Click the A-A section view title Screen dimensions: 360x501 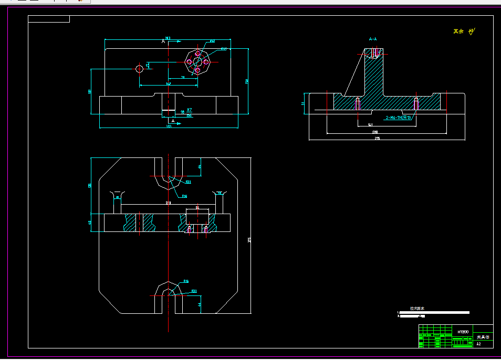click(373, 39)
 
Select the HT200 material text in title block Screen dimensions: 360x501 click(463, 332)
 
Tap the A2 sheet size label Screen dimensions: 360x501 click(478, 344)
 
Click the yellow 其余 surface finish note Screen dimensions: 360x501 click(458, 31)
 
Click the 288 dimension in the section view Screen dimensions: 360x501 click(375, 131)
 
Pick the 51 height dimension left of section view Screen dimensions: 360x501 click(304, 104)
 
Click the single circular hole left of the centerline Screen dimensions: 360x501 click(140, 69)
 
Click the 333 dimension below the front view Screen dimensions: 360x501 click(169, 126)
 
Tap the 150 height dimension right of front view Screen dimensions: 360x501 click(246, 81)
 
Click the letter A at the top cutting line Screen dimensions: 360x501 click(163, 41)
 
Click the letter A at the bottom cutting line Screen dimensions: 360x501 click(173, 121)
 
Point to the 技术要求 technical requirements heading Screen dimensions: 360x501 click(417, 309)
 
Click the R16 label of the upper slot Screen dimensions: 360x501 click(184, 196)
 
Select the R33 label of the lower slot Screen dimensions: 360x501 click(194, 291)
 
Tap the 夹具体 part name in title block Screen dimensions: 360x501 click(482, 336)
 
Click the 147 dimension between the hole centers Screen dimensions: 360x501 click(168, 83)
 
